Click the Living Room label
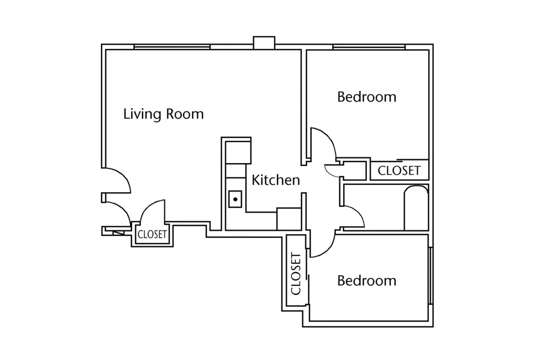(x=163, y=114)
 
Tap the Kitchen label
(x=276, y=180)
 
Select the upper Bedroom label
(x=366, y=97)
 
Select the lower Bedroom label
(x=366, y=281)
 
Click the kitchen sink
(x=235, y=199)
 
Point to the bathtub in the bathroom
(x=416, y=208)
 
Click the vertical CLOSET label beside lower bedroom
(x=296, y=274)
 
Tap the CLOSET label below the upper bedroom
(x=399, y=171)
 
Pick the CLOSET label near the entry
(x=152, y=235)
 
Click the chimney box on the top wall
(x=264, y=43)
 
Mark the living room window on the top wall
(x=172, y=47)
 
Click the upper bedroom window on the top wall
(x=369, y=47)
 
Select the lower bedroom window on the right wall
(x=430, y=275)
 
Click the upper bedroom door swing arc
(x=330, y=137)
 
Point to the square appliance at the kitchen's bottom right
(x=289, y=218)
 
